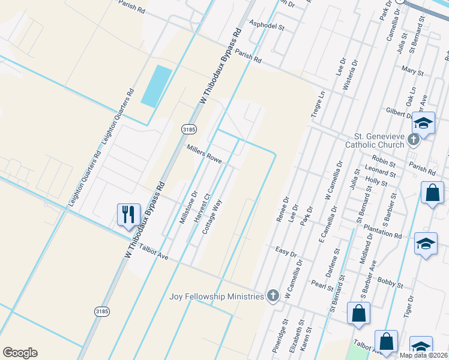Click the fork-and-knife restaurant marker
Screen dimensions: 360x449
click(x=128, y=214)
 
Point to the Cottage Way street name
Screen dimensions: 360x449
click(x=212, y=217)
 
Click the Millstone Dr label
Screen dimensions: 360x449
click(x=188, y=208)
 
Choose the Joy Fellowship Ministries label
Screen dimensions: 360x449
click(x=217, y=296)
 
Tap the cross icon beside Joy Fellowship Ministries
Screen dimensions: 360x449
click(x=273, y=295)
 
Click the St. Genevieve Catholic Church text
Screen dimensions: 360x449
click(x=375, y=140)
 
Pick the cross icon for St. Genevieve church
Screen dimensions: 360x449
click(x=414, y=140)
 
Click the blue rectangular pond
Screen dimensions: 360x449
click(x=156, y=85)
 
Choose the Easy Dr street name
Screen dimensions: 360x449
click(x=286, y=251)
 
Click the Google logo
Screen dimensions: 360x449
click(x=20, y=353)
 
